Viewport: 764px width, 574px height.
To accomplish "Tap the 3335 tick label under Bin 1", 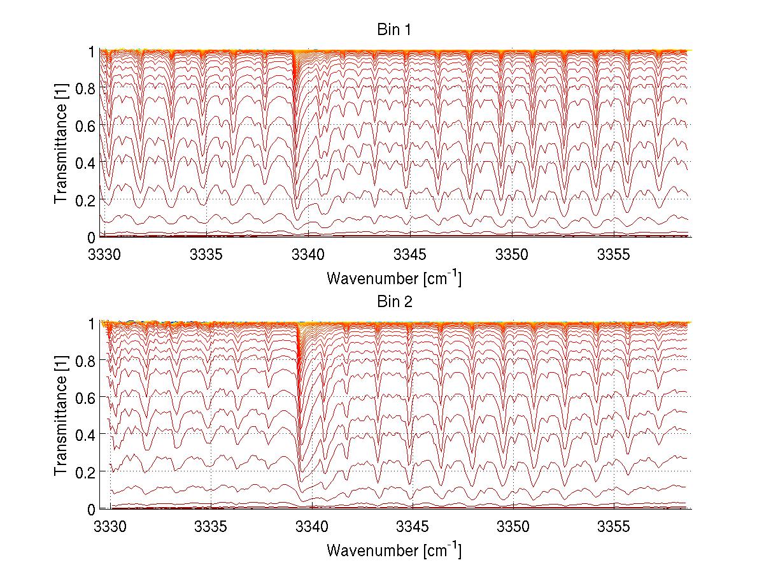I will click(206, 255).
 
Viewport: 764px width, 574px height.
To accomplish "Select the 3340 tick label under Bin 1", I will click(308, 255).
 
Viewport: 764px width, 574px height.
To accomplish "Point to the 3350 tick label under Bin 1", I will click(513, 255).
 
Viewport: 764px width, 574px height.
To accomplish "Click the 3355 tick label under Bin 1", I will click(614, 255).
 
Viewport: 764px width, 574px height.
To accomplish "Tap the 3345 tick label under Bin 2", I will click(411, 527).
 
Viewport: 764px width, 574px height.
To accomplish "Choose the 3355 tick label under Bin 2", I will click(614, 527).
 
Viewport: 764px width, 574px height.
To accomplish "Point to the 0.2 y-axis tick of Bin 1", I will click(85, 200).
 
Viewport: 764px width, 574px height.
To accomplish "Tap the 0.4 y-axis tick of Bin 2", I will click(85, 434).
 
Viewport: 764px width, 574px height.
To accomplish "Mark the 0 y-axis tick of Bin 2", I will click(91, 509).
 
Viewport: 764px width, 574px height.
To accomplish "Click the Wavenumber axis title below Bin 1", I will click(394, 278).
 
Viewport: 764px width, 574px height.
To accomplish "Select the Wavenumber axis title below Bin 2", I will click(394, 550).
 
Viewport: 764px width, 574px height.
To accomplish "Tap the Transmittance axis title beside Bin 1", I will click(61, 143).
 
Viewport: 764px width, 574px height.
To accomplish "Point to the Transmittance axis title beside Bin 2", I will click(61, 415).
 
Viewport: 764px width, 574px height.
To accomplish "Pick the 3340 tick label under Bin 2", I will click(308, 527).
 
